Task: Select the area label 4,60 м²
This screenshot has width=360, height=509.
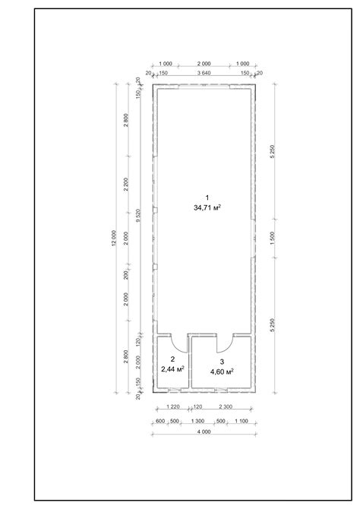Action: pyautogui.click(x=221, y=371)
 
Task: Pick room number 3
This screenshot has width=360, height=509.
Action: pyautogui.click(x=221, y=361)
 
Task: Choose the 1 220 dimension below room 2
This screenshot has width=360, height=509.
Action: pyautogui.click(x=172, y=408)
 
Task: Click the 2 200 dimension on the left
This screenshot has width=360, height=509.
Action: pyautogui.click(x=126, y=185)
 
